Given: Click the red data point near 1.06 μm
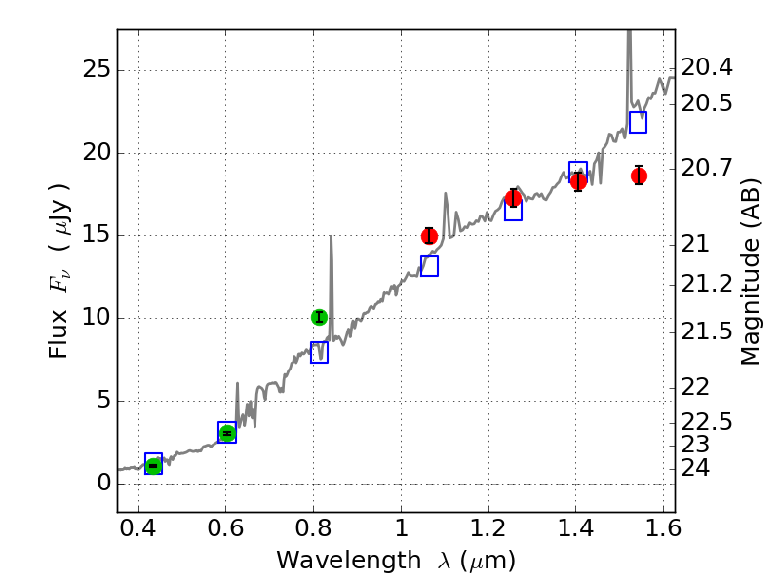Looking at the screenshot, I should (429, 236).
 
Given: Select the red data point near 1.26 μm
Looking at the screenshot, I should (514, 198).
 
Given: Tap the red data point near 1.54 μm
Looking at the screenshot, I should (639, 175).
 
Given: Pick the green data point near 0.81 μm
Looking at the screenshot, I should (319, 317).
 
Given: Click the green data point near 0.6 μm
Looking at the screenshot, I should (227, 433).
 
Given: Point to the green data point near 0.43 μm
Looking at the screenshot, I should (153, 466).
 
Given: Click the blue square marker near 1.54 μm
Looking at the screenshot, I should (639, 122).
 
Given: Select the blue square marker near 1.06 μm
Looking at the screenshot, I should (429, 266).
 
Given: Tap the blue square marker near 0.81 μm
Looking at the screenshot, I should (319, 353).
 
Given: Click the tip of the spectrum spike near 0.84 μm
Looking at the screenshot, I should (331, 237).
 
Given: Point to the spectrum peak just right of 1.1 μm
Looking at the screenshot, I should (446, 194).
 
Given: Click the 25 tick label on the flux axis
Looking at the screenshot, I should (96, 70).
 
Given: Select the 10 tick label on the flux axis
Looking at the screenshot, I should (96, 318).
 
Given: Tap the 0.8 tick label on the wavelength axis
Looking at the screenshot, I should (313, 531).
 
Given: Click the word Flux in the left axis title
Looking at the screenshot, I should (60, 328).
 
